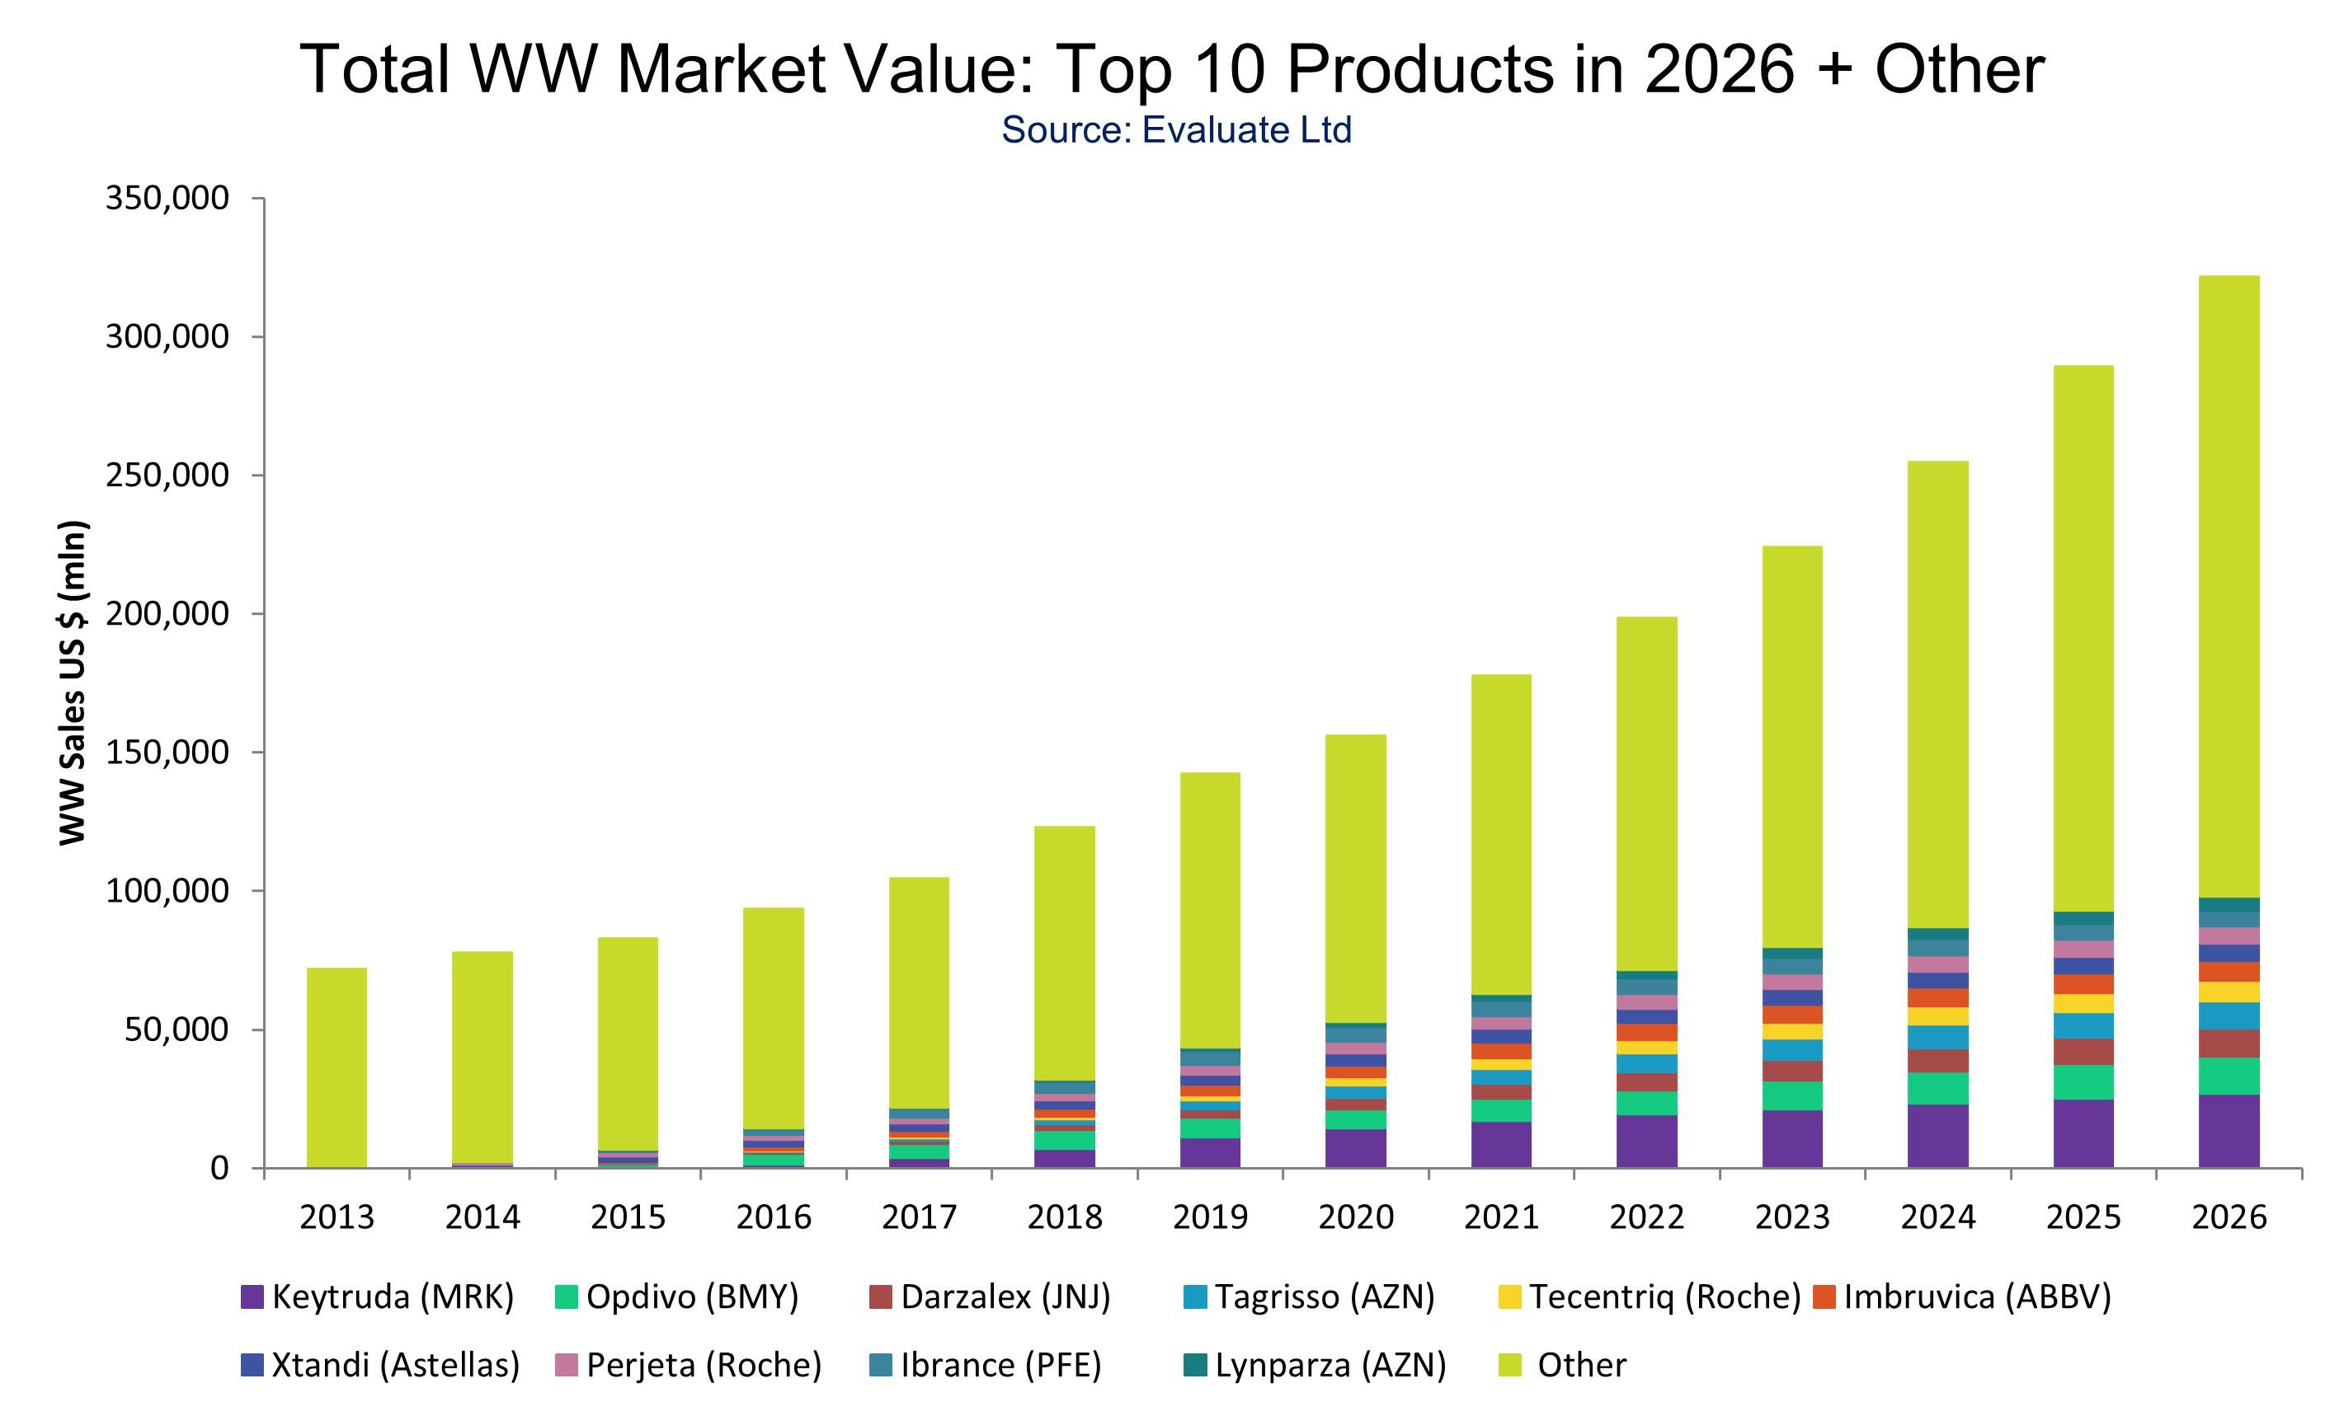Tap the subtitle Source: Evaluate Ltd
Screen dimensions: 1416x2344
(1176, 130)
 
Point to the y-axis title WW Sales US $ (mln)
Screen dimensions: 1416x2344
(73, 682)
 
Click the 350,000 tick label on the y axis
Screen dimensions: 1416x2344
(167, 199)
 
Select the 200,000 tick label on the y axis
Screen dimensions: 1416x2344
(167, 614)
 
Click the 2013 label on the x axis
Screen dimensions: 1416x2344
(337, 1217)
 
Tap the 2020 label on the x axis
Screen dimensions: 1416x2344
(1356, 1217)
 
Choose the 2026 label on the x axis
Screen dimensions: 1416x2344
(2229, 1217)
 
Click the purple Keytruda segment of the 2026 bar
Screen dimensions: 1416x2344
(2229, 1132)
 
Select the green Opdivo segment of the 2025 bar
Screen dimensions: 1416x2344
(2083, 1082)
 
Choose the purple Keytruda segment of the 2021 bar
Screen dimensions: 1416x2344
(1501, 1145)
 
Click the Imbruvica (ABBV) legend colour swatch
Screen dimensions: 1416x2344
(1824, 1297)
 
